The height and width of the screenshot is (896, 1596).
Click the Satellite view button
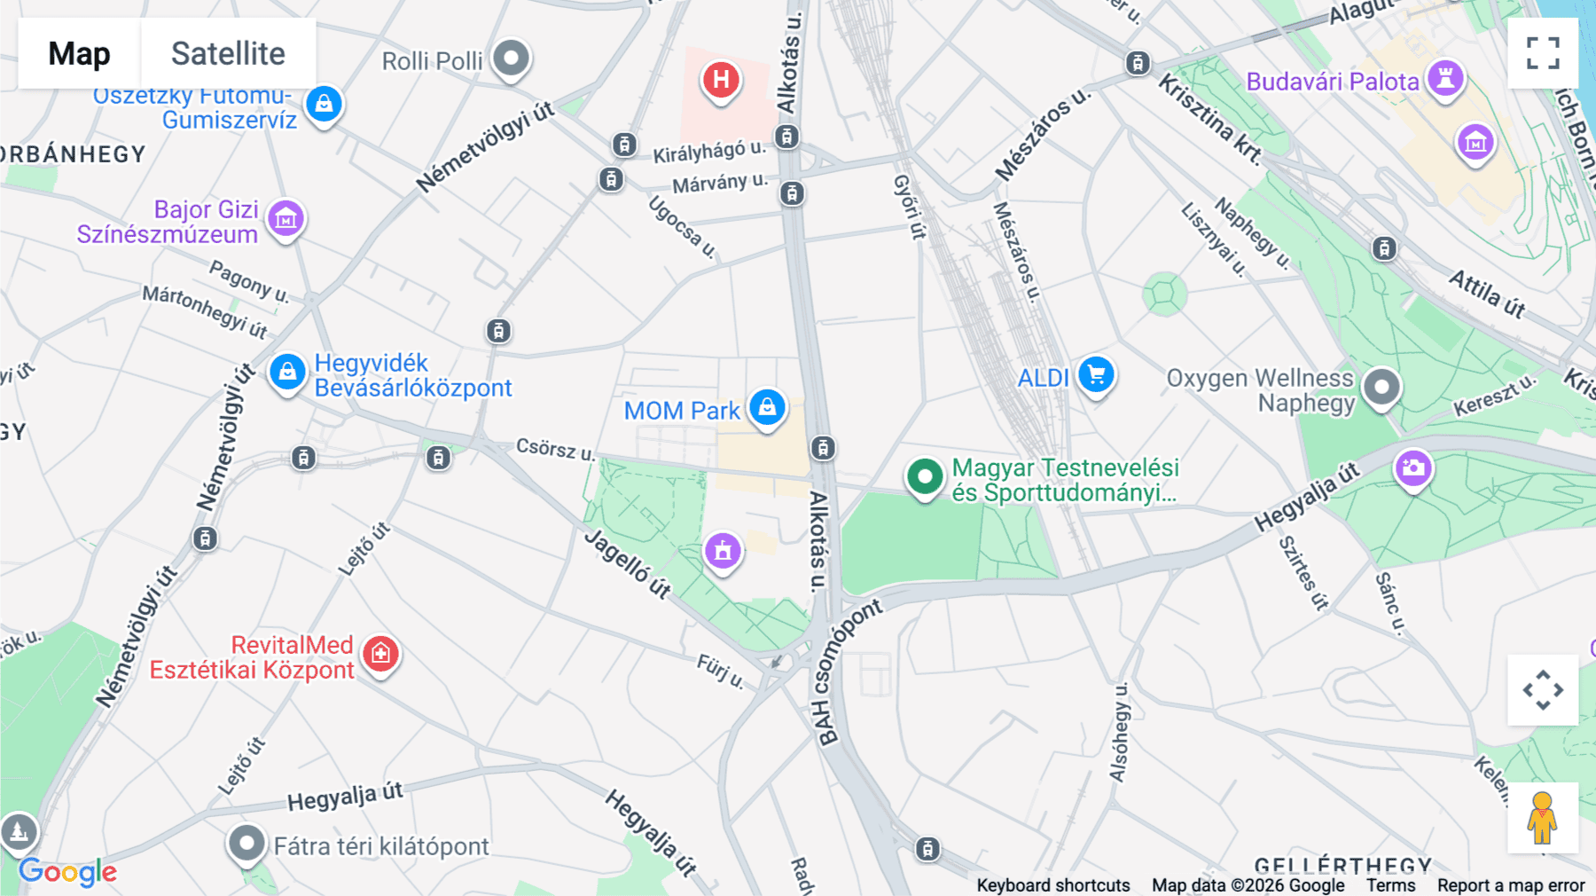point(228,54)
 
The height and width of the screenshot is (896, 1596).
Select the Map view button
point(80,54)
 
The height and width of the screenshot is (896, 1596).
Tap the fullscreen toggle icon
point(1543,53)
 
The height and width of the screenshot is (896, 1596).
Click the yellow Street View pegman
point(1542,818)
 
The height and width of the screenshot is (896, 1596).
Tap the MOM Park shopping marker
point(767,408)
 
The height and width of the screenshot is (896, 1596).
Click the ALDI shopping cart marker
point(1096,375)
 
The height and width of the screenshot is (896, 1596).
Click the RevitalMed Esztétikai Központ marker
point(381,655)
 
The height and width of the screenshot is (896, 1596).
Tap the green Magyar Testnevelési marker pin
point(925,477)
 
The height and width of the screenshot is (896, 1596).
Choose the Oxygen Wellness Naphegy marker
point(1381,388)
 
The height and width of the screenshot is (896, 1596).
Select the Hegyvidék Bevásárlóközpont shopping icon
point(287,373)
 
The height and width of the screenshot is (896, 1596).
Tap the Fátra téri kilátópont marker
point(246,844)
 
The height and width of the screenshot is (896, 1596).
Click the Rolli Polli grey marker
point(511,59)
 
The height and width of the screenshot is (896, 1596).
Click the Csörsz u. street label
point(555,449)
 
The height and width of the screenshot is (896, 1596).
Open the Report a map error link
point(1511,885)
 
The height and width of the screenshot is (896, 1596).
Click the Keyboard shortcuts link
point(1052,885)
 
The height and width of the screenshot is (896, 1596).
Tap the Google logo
point(67,872)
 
